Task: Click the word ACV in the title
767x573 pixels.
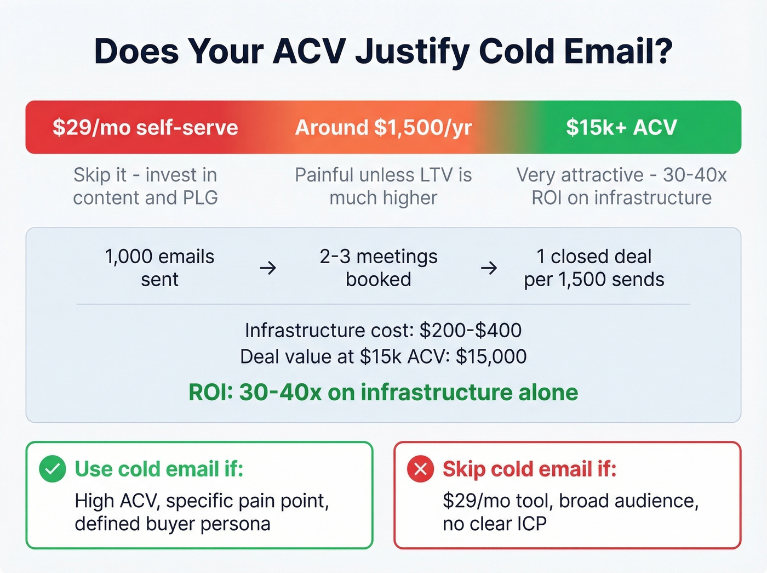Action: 309,52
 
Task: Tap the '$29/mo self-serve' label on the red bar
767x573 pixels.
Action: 145,127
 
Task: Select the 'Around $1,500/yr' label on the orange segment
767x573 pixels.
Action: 383,127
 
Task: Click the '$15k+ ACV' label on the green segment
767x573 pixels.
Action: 621,127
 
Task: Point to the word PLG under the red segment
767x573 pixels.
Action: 201,198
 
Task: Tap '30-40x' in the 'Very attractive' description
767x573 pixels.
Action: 695,175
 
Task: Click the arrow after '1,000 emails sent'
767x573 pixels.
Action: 268,268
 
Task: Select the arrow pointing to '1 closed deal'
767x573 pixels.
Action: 489,268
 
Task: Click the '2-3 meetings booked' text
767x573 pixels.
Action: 379,268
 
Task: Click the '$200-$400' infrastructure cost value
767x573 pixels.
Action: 471,330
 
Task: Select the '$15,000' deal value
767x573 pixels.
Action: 491,356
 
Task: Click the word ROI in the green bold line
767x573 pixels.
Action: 210,393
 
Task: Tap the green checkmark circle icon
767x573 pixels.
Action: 53,469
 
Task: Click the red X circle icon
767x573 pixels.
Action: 420,469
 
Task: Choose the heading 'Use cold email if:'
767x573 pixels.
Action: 159,469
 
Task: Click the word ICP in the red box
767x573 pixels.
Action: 532,524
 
